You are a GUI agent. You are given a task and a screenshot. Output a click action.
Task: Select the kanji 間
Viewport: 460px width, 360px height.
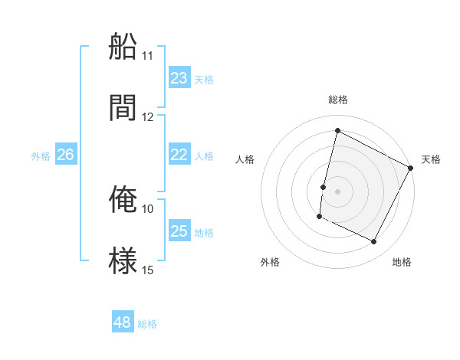[x=123, y=107]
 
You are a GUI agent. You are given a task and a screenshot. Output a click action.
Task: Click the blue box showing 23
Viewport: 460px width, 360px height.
[x=179, y=77]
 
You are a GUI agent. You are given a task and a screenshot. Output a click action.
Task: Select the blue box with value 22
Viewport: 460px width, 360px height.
[x=179, y=155]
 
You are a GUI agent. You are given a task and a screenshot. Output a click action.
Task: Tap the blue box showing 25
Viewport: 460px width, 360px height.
[x=179, y=231]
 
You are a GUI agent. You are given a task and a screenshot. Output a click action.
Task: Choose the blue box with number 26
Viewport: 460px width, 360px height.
[x=65, y=155]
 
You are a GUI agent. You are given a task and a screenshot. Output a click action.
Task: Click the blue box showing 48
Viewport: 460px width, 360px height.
[x=122, y=322]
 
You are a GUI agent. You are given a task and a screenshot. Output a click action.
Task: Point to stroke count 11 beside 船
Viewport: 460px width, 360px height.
[x=148, y=56]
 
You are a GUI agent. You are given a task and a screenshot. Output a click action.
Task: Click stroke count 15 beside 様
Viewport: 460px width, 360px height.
[x=148, y=270]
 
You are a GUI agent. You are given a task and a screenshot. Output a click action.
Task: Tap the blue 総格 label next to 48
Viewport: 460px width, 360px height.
[x=147, y=324]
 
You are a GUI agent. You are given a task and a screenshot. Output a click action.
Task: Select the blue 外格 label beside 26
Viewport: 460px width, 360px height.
[x=41, y=156]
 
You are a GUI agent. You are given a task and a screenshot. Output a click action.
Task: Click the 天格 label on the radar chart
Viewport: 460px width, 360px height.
[x=431, y=159]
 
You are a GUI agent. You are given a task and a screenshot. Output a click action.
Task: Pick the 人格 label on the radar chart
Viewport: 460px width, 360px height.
[x=245, y=159]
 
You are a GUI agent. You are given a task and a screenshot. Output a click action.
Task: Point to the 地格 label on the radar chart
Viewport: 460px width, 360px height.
[x=402, y=262]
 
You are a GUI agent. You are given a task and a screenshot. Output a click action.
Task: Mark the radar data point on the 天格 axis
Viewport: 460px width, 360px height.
[x=412, y=168]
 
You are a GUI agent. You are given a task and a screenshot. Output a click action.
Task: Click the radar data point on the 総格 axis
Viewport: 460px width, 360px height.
[x=337, y=130]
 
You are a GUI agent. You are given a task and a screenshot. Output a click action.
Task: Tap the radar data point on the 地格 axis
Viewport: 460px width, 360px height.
[x=374, y=242]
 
